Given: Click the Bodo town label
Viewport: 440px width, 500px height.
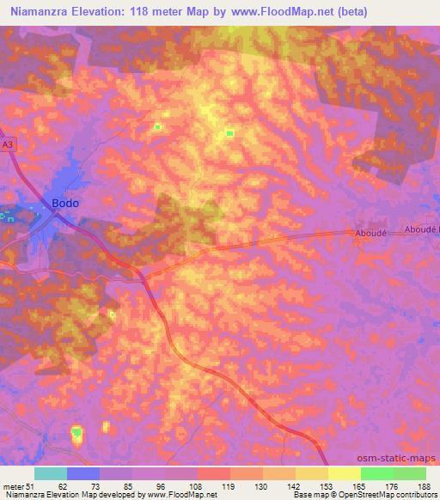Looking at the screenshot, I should tap(65, 204).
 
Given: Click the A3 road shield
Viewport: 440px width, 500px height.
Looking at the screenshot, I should tap(8, 147).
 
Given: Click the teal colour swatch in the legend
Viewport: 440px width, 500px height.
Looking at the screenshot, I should tap(51, 473).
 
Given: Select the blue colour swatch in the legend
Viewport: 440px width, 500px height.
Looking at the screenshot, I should tap(83, 473).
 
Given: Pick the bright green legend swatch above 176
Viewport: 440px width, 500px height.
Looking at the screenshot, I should tap(376, 473).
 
